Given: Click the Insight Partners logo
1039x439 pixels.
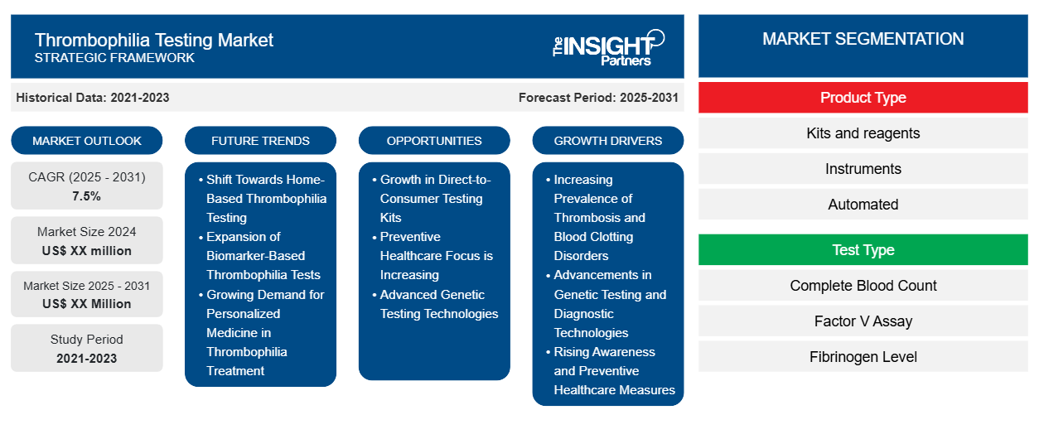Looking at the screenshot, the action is tap(608, 48).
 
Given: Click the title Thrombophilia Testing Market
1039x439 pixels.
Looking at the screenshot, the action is tap(153, 40).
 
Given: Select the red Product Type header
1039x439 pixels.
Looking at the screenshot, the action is tap(863, 98).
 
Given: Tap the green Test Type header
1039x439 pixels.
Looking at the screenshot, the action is tap(863, 249).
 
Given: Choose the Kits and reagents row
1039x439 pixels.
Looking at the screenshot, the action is tap(863, 133).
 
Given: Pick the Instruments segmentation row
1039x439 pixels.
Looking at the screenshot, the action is tap(863, 169).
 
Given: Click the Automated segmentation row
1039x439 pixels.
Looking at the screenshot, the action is tap(863, 204).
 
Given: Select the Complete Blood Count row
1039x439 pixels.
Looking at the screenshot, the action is tap(863, 285).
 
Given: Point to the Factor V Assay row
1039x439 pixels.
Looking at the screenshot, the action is tap(863, 321).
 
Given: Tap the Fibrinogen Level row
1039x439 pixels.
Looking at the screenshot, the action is tap(863, 356).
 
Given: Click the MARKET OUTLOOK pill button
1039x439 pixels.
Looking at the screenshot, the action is tap(87, 141).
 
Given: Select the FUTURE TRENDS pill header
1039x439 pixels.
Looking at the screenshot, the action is tap(260, 141).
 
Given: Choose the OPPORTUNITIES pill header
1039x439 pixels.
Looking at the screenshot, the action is tap(434, 141).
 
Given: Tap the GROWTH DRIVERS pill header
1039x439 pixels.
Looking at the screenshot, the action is tap(607, 141).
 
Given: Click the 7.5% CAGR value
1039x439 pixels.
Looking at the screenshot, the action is tap(86, 196).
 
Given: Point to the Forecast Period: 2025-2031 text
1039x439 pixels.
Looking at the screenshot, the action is tap(598, 98).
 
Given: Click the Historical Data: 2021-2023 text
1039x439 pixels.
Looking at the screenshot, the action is tap(93, 98).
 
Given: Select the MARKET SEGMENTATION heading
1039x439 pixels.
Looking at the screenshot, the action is tap(863, 39).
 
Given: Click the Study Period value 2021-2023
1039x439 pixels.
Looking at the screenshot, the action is tap(86, 359).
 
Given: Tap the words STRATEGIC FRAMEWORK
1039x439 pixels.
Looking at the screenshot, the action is tap(114, 58).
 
